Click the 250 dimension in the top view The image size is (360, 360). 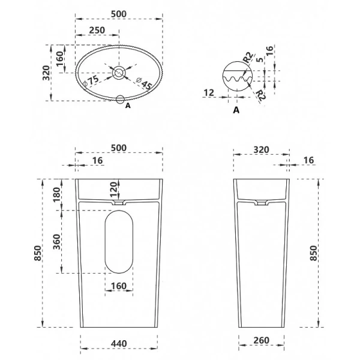pyautogui.click(x=97, y=30)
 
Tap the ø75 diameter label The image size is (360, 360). pyautogui.click(x=91, y=80)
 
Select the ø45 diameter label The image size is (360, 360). pyautogui.click(x=144, y=83)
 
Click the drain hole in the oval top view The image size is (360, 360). pyautogui.click(x=119, y=73)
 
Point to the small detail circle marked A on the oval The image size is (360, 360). pyautogui.click(x=120, y=100)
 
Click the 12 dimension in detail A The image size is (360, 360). pyautogui.click(x=209, y=93)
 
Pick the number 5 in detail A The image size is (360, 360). pyautogui.click(x=260, y=59)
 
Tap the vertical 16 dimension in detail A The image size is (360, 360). pyautogui.click(x=270, y=50)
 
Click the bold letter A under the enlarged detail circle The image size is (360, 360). pyautogui.click(x=236, y=110)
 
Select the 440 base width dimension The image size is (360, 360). pyautogui.click(x=119, y=343)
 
